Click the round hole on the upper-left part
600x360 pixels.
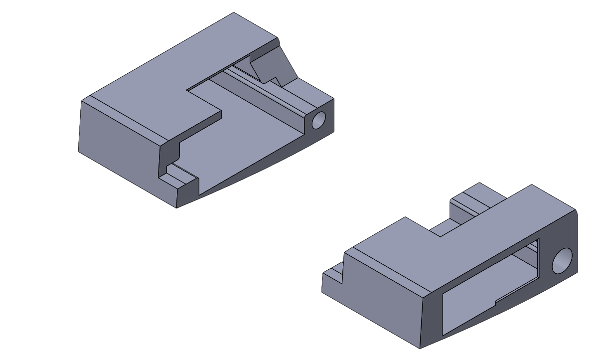tap(318, 120)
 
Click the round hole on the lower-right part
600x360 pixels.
tap(562, 261)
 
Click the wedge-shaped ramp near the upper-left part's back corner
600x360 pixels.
tap(272, 62)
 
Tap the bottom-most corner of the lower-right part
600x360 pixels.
tap(420, 348)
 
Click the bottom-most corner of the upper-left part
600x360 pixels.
tap(177, 207)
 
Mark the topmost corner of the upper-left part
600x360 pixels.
tap(234, 13)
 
